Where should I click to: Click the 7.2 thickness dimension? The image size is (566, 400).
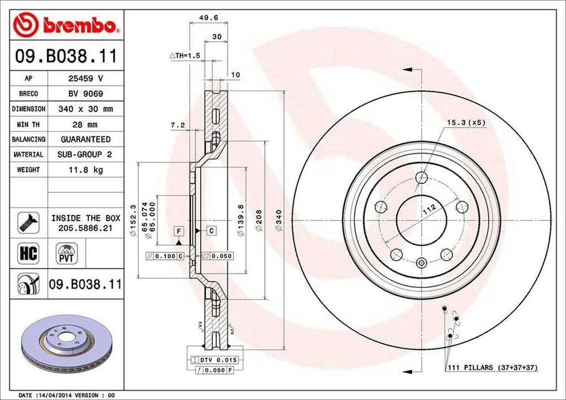[178, 126]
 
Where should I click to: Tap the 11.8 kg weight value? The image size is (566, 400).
[86, 170]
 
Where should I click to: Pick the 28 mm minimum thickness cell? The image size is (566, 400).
[86, 124]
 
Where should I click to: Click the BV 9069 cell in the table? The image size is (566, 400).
[86, 94]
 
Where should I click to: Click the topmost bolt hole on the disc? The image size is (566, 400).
[422, 177]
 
